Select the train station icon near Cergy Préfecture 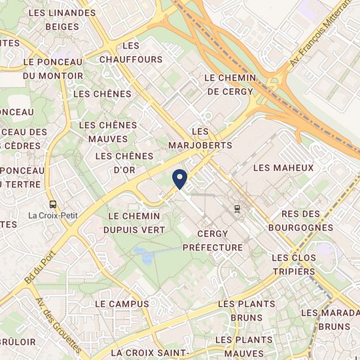click(236, 207)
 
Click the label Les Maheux click(283, 168)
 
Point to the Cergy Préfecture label click(212, 241)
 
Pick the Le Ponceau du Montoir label click(52, 68)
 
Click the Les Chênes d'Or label click(124, 163)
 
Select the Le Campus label click(122, 304)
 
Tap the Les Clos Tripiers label click(294, 264)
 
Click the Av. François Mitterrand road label click(320, 36)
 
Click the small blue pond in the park click(143, 255)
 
